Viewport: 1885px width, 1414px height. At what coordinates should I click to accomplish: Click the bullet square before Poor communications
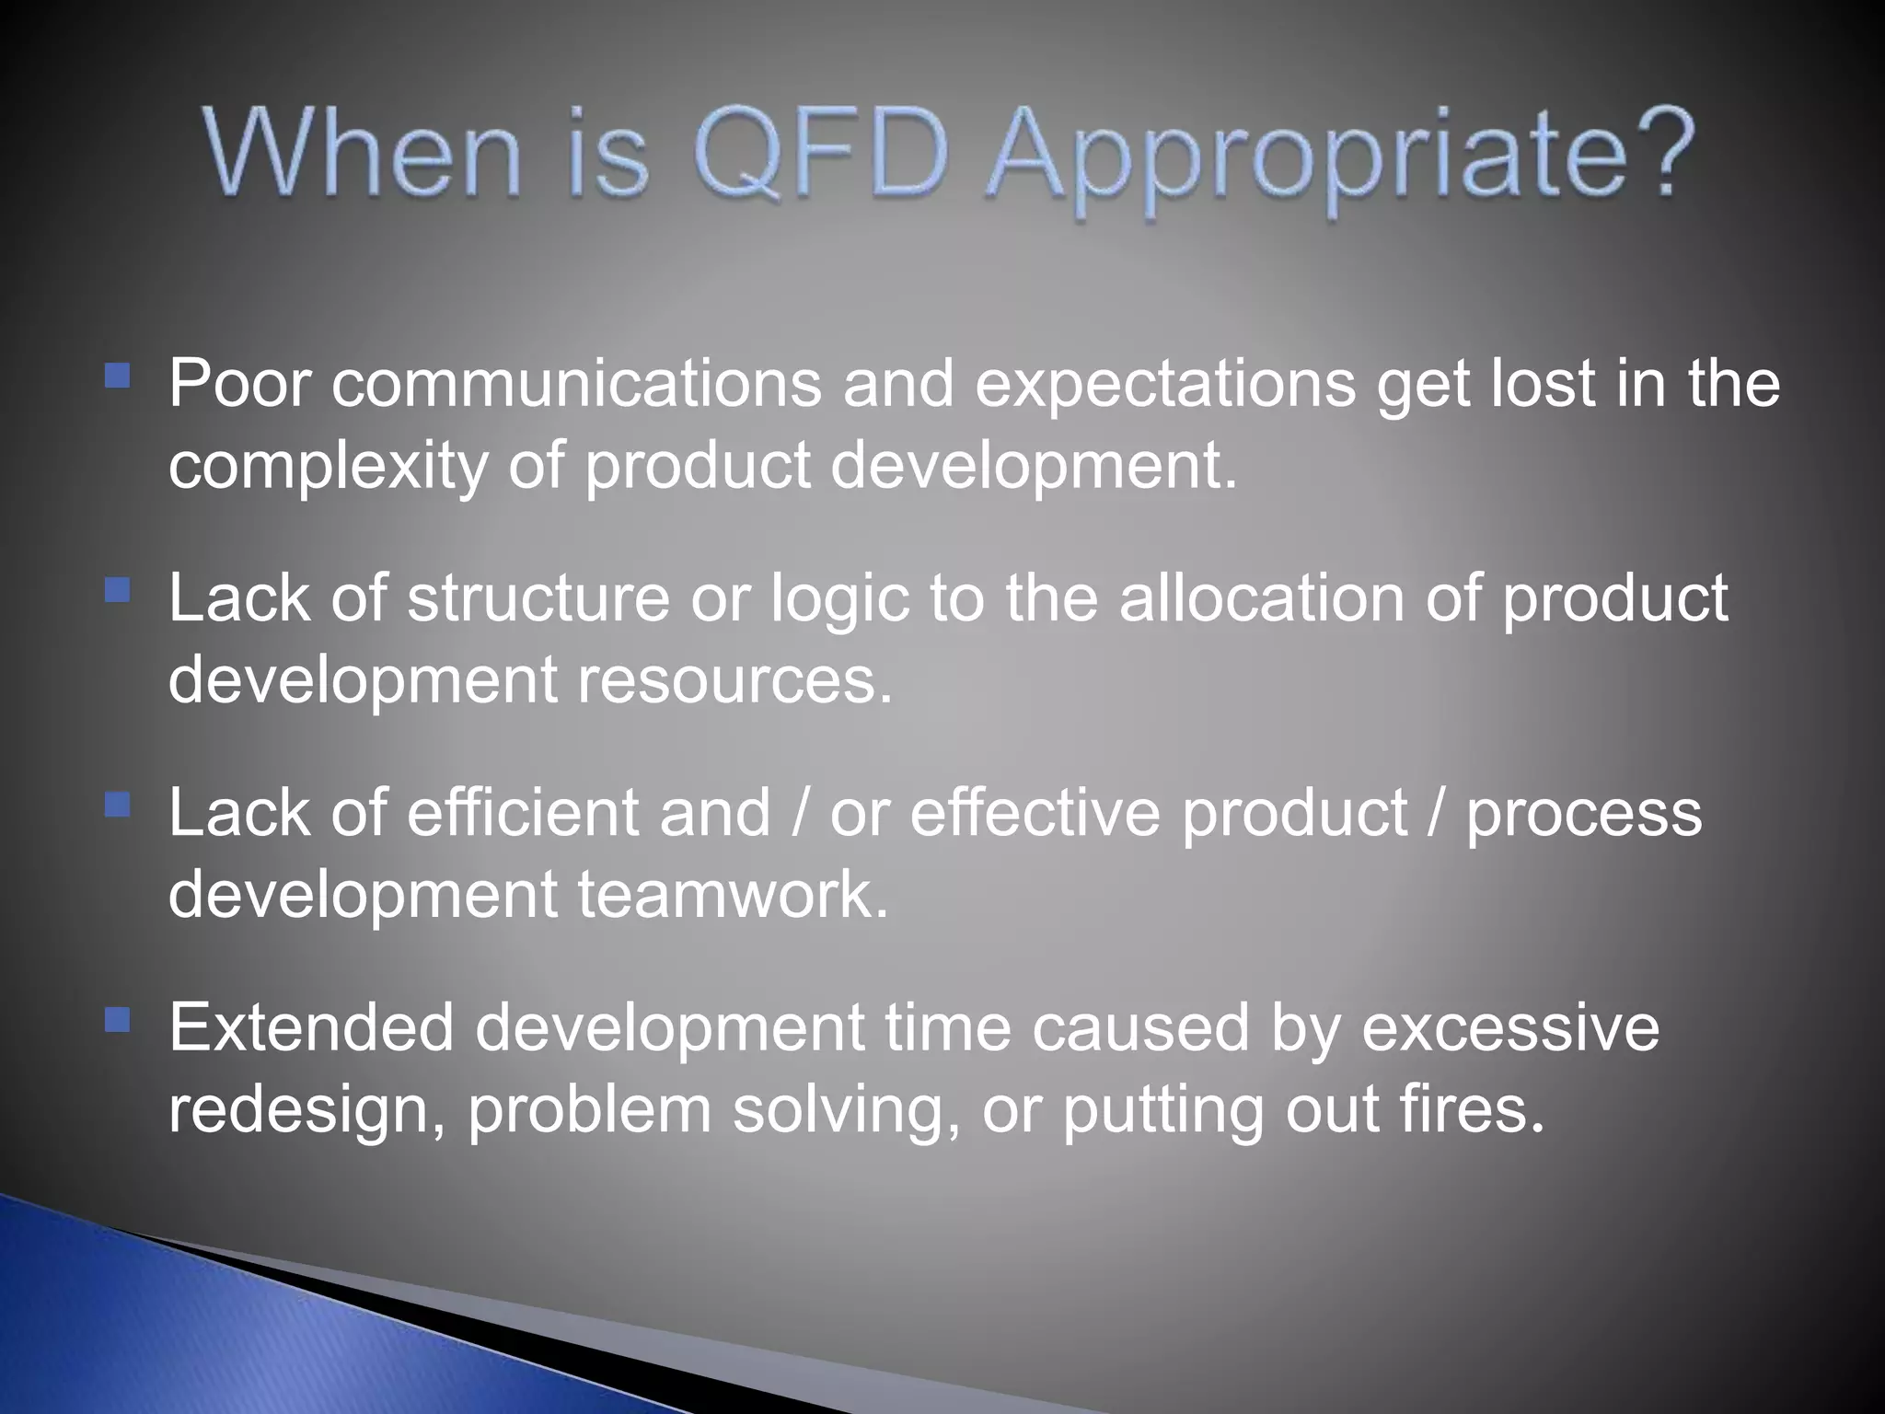tap(118, 376)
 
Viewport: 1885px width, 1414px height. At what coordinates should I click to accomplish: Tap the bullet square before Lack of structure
tap(118, 590)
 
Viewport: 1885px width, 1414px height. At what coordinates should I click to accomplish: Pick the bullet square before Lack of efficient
tap(118, 806)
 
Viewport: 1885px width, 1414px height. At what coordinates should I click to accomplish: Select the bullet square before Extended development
tap(118, 1020)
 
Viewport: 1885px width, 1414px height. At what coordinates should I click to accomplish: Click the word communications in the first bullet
tap(576, 385)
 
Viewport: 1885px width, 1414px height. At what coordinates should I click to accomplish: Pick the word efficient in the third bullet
tap(523, 814)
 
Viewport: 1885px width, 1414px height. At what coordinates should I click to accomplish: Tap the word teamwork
tap(732, 895)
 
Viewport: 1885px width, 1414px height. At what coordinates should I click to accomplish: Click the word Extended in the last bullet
tap(311, 1028)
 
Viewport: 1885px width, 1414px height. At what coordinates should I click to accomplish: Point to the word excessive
tap(1509, 1029)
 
